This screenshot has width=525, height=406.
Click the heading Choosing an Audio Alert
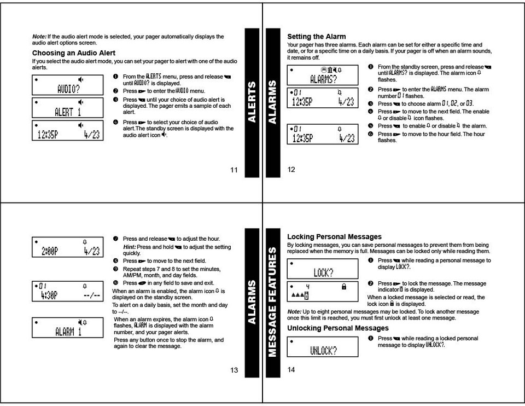(x=74, y=53)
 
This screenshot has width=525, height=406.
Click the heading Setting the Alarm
(x=317, y=37)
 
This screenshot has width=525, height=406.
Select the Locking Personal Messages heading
(x=334, y=237)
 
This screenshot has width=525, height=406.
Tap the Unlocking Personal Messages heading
(x=338, y=328)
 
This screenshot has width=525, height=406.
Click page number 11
(x=234, y=170)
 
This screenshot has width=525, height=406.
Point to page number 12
(x=291, y=170)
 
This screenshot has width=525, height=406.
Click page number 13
(x=234, y=370)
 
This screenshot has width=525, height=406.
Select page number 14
(x=291, y=370)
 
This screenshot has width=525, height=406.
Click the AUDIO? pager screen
(x=68, y=85)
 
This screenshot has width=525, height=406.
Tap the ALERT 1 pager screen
(x=68, y=108)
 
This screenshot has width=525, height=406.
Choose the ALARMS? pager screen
(x=323, y=75)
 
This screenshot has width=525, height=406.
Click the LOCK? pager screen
(x=323, y=269)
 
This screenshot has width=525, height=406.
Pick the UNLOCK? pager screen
(x=323, y=347)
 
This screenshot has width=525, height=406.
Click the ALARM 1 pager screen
(x=68, y=327)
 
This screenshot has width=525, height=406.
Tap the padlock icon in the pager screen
(x=344, y=286)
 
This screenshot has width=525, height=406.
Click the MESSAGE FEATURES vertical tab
(x=272, y=302)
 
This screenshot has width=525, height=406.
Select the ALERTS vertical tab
(x=252, y=102)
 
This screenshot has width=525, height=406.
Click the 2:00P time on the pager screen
(x=50, y=251)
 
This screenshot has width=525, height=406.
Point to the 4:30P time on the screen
(x=49, y=295)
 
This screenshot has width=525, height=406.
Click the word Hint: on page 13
(x=129, y=247)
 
